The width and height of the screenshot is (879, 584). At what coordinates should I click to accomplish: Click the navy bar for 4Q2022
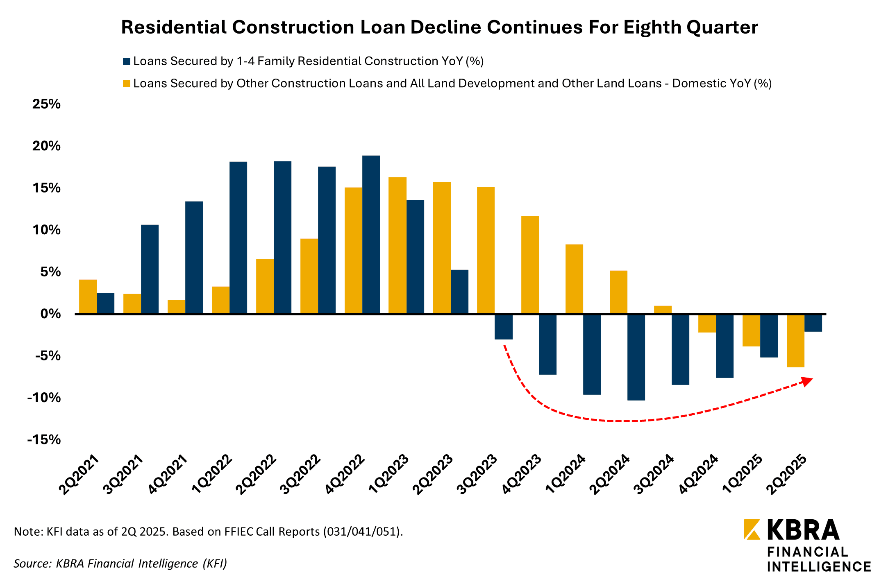pos(371,235)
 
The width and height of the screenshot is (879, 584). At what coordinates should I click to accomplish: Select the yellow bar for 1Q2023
pos(397,245)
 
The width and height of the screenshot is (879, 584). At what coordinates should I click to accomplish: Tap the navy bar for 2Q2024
pos(636,357)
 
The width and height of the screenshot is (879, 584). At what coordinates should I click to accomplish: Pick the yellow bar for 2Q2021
pos(88,297)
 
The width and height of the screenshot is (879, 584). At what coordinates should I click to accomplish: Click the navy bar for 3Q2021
pos(150,269)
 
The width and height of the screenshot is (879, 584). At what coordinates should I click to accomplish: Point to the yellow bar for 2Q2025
pos(795,341)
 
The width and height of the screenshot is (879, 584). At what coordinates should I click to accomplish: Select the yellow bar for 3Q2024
pos(663,310)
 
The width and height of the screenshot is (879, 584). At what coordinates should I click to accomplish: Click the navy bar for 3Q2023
pos(503,327)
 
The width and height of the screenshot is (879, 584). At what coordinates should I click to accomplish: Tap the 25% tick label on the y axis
pos(46,104)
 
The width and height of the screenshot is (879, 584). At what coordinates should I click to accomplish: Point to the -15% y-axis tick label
pos(44,440)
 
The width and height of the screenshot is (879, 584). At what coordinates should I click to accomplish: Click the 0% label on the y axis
pos(50,314)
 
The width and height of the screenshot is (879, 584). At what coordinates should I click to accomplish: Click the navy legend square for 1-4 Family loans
pos(127,62)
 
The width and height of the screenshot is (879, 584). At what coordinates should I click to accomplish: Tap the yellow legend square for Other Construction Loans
pos(127,84)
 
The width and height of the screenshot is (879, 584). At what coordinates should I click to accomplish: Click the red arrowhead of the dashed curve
pos(807,381)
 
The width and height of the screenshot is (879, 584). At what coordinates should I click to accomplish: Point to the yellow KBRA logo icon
pos(752,529)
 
